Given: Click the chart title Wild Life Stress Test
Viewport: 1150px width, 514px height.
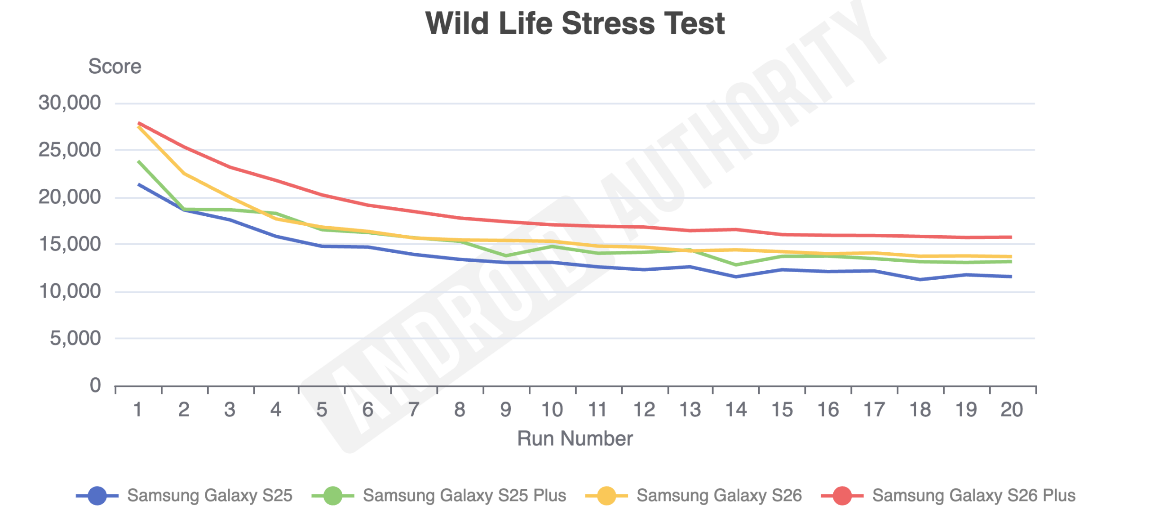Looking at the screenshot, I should click(x=575, y=23).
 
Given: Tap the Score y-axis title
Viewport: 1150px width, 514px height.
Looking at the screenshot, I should click(x=115, y=67).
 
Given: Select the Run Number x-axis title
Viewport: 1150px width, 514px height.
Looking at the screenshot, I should click(x=575, y=438).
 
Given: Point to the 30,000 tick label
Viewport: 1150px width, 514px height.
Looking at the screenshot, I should click(x=70, y=103).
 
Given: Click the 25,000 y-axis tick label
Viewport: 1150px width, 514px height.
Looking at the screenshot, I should click(x=70, y=150).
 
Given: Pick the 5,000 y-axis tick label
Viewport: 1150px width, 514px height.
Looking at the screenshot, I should click(x=75, y=338).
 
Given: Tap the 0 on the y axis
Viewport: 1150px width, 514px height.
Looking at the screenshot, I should click(x=95, y=385).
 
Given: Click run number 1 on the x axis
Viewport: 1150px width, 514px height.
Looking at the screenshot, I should click(x=138, y=410).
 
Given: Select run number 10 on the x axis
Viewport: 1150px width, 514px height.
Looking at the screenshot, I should click(x=552, y=410).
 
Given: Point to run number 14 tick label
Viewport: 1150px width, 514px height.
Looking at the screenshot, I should click(x=736, y=410).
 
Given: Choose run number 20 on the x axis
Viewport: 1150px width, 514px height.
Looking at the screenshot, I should click(x=1012, y=410).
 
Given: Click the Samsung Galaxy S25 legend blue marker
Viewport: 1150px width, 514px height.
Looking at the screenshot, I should click(x=97, y=496).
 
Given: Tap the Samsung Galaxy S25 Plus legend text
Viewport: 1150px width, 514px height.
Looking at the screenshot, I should click(x=464, y=496).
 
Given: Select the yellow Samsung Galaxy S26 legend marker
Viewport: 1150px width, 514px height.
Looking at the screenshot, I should click(x=606, y=496).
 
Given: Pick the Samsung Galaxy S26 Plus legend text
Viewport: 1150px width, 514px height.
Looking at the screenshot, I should click(x=973, y=496).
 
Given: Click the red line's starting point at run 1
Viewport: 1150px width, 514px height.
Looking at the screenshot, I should click(x=138, y=123).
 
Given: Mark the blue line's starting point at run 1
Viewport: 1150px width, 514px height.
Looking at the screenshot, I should click(x=138, y=184).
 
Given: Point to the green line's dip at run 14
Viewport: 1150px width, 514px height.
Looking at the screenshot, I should click(x=736, y=265).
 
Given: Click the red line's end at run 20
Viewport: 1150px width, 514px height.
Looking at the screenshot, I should click(x=1011, y=237).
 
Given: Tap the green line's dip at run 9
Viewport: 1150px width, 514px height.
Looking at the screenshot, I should click(x=506, y=255).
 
